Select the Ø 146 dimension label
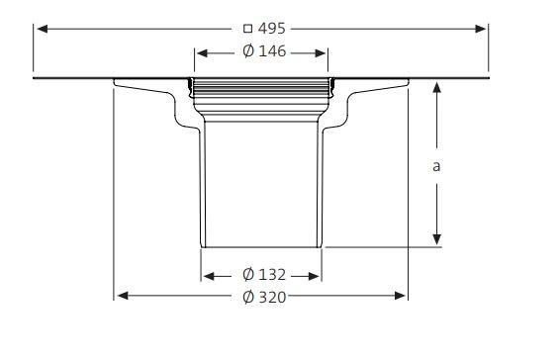coord(261,51)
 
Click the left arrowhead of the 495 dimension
coord(42,29)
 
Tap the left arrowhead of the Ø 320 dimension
coord(122,295)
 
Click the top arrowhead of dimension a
coord(436,87)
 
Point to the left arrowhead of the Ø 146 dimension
coord(199,51)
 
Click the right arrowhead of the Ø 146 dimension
coord(324,51)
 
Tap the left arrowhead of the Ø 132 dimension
coord(208,275)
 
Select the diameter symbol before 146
coord(247,51)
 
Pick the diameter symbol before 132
coord(247,274)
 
